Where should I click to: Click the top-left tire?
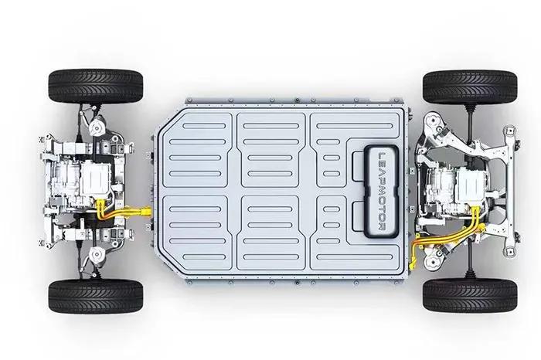click(96, 87)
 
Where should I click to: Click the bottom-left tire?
click(96, 296)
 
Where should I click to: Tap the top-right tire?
click(470, 87)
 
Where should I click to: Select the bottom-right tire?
click(470, 295)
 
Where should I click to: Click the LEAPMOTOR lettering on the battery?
click(383, 192)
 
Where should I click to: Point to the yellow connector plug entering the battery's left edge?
click(145, 211)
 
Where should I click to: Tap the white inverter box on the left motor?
click(96, 178)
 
